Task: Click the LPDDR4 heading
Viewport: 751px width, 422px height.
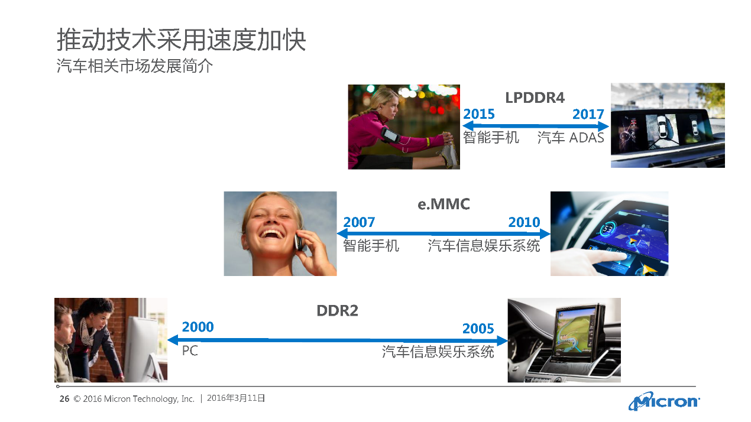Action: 535,98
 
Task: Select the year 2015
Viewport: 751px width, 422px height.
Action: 479,114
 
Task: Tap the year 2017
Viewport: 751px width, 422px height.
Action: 588,114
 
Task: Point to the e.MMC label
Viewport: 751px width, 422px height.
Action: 444,204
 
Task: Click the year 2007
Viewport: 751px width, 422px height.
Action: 359,222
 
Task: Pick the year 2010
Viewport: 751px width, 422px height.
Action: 525,222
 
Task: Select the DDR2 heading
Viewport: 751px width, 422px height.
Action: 337,311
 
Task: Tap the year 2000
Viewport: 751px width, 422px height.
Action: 198,327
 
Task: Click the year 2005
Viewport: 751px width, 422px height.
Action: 478,329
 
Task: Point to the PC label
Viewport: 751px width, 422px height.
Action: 190,351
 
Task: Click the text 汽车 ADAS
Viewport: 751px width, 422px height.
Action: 571,138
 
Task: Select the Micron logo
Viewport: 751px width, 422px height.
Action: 664,401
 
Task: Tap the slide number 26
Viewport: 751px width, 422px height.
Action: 64,399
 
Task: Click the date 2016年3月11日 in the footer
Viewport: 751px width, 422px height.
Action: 236,398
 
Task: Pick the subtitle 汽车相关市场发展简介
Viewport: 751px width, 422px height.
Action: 134,66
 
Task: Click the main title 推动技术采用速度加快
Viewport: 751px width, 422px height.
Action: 181,40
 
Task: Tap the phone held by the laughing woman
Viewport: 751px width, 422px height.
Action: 299,242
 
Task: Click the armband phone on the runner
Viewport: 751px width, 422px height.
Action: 390,135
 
